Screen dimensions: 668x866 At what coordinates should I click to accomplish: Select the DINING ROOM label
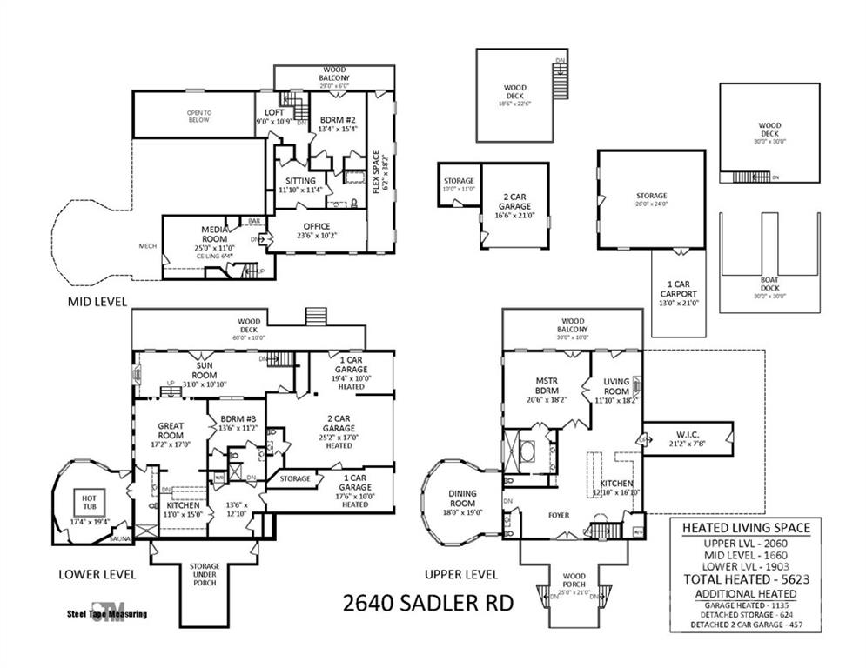pos(462,498)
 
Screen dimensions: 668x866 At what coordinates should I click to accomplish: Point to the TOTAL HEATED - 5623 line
pos(746,579)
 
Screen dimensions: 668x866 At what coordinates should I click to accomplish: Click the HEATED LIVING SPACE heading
pos(746,527)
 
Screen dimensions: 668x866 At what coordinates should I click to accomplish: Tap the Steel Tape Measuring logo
pos(107,612)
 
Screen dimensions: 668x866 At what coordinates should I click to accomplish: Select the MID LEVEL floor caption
pos(97,302)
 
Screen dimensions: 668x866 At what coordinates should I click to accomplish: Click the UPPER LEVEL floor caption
pos(460,574)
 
